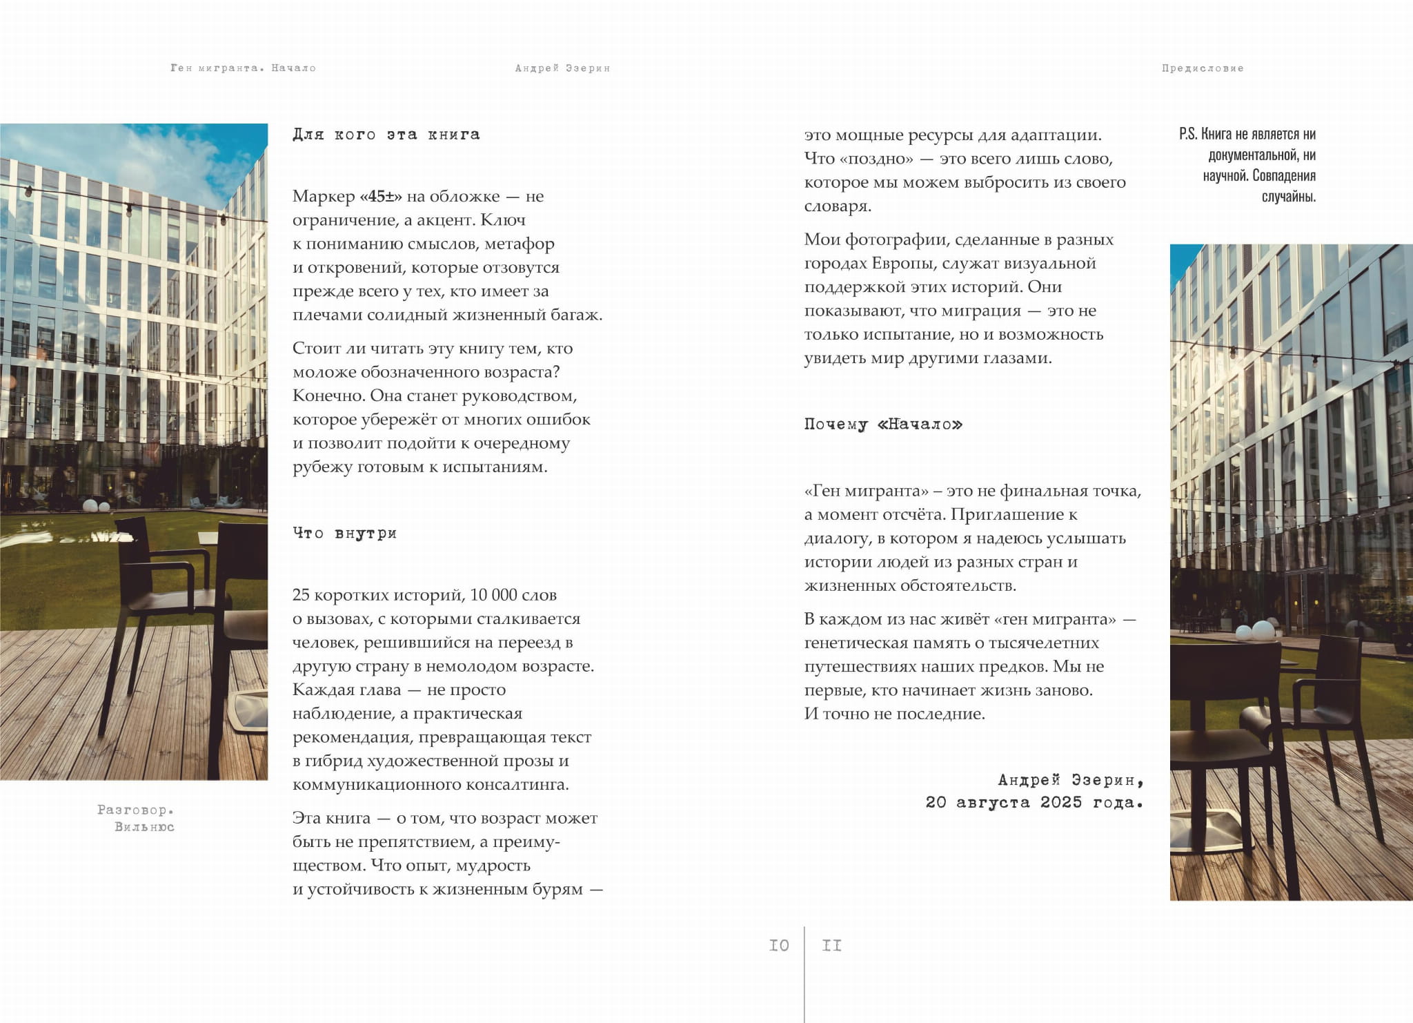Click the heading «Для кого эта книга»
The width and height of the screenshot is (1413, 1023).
point(386,135)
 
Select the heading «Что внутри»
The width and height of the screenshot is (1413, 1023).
point(344,533)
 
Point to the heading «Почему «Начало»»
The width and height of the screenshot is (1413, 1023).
point(883,424)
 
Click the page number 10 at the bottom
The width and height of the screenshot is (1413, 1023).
point(779,945)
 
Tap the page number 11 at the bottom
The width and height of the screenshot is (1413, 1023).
point(831,945)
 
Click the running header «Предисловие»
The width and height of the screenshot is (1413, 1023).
point(1202,68)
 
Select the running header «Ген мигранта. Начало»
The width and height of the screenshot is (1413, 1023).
point(243,68)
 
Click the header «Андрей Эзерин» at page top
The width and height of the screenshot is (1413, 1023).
point(562,68)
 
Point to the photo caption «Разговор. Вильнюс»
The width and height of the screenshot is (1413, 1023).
point(137,818)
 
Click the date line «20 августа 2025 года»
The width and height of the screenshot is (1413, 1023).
point(1034,802)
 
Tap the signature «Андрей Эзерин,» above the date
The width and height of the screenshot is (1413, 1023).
point(1070,780)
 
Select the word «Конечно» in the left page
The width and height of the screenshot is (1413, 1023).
point(327,396)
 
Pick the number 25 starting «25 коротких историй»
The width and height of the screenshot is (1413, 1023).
point(302,595)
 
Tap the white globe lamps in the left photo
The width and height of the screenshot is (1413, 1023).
point(96,506)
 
